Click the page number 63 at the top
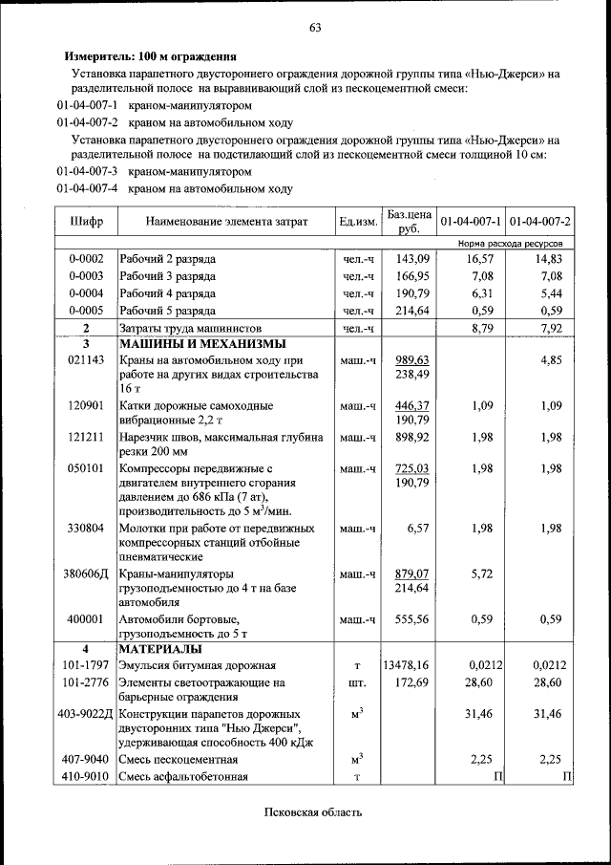(x=314, y=27)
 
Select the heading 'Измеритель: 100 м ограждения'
(x=150, y=56)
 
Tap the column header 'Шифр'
(x=86, y=222)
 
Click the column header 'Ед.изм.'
(x=358, y=222)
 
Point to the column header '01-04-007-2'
(x=540, y=222)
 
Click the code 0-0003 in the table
(x=86, y=276)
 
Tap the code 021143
(x=86, y=360)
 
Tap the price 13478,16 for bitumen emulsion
(x=407, y=665)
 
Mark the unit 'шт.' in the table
(x=358, y=683)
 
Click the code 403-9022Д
(x=86, y=714)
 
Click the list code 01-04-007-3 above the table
(x=87, y=172)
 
